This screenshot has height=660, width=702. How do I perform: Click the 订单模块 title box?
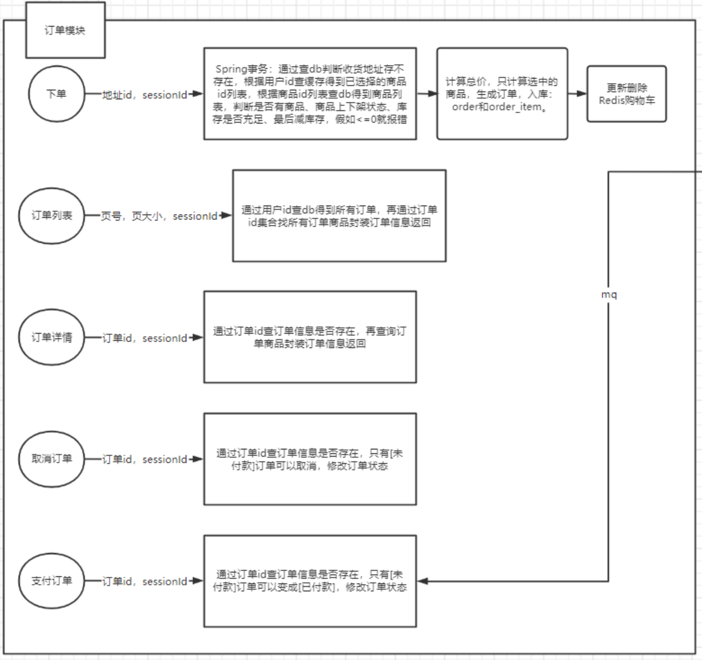(65, 30)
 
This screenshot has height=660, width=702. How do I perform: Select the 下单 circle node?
(57, 94)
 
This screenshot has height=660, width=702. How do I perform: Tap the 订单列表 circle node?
(52, 216)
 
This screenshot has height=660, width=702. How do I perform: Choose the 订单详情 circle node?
(52, 337)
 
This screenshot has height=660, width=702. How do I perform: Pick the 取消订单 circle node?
(52, 459)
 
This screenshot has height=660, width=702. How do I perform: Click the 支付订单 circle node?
(52, 581)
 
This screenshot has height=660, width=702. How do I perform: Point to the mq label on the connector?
(609, 295)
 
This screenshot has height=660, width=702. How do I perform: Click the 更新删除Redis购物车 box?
(627, 94)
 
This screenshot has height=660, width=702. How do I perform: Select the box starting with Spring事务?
(310, 94)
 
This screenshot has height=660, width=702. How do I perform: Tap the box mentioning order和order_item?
(502, 94)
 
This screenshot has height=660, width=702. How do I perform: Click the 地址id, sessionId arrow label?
(145, 95)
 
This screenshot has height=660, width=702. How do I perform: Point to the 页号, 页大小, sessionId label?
(159, 216)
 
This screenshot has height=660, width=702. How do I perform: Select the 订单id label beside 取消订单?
(145, 459)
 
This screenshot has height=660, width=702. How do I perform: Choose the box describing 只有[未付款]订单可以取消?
(310, 459)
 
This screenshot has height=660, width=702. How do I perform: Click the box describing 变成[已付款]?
(310, 581)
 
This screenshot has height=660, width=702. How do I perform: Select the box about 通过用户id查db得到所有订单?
(339, 216)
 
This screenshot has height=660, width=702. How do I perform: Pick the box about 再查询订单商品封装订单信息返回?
(310, 337)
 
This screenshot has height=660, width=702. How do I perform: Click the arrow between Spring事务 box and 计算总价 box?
(426, 94)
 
